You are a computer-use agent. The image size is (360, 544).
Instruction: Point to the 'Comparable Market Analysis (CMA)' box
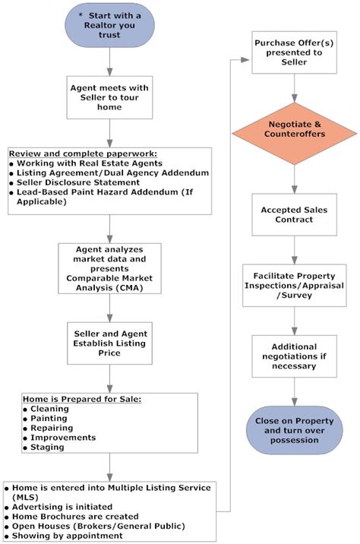pos(111,268)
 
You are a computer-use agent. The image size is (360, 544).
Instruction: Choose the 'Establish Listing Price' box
pos(111,342)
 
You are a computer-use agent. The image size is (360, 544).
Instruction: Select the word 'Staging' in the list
pos(47,448)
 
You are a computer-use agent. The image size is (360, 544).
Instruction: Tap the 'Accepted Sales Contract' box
pos(293,215)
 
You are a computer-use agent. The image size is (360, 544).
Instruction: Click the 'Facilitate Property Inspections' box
pos(293,286)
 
